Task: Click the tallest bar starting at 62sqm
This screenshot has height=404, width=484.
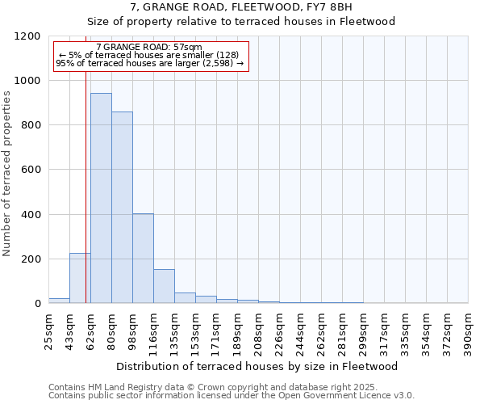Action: [x=101, y=198]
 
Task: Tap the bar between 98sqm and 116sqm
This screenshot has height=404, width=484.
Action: [x=143, y=259]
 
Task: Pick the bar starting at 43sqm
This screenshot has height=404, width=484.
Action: [x=80, y=279]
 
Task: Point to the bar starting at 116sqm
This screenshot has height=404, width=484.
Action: [x=164, y=287]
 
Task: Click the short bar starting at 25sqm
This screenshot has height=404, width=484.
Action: [x=59, y=301]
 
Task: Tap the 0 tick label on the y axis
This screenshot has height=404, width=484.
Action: [x=37, y=304]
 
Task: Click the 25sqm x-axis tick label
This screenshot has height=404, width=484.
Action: [x=48, y=330]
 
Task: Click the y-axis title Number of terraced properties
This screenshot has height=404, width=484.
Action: [x=7, y=174]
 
